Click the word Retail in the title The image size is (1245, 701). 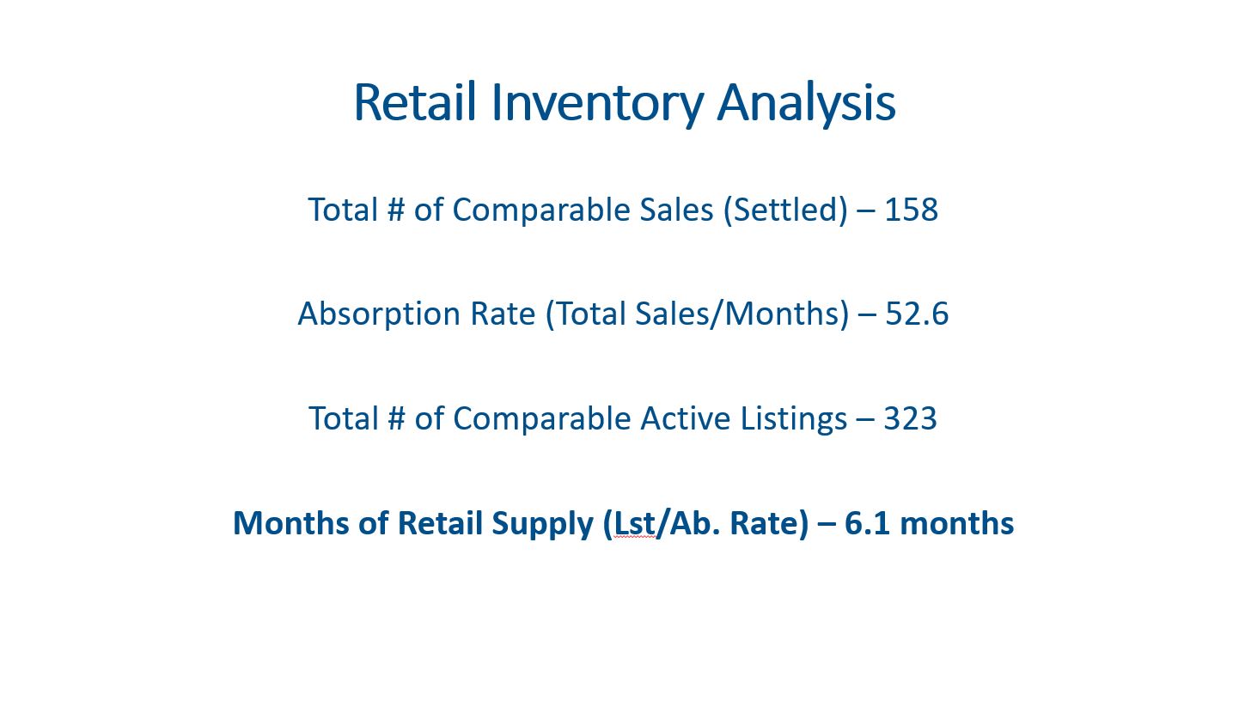coord(415,102)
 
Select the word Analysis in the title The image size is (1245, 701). coord(807,106)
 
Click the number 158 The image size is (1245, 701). coord(911,210)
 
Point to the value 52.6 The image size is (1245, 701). coord(917,314)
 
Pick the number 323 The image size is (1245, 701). coord(911,418)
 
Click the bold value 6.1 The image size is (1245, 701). coord(867,523)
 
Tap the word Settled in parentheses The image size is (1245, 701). coord(790,210)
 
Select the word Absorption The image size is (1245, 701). coord(379,314)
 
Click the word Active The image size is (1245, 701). coord(686,418)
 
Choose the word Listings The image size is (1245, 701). coord(793,421)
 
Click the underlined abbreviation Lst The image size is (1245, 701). coord(634,523)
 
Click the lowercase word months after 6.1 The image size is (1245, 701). coord(956,523)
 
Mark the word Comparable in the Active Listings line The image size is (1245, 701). coord(542,421)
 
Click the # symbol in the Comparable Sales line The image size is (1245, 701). coord(396,210)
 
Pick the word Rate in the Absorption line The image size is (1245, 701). coord(503,314)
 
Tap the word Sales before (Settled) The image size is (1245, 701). coord(676,210)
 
